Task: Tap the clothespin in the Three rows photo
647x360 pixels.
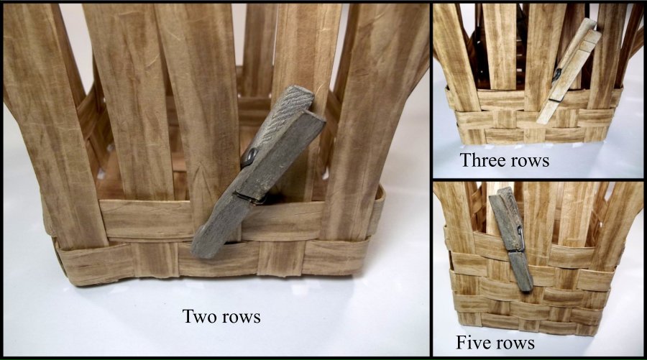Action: pyautogui.click(x=569, y=70)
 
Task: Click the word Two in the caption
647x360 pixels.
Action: pyautogui.click(x=199, y=316)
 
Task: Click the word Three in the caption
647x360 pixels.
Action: pyautogui.click(x=483, y=160)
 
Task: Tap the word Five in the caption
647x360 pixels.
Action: pyautogui.click(x=474, y=342)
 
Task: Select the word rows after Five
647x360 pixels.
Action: pyautogui.click(x=515, y=343)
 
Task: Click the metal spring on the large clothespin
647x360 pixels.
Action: pyautogui.click(x=249, y=157)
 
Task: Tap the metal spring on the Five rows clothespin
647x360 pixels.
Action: pyautogui.click(x=520, y=241)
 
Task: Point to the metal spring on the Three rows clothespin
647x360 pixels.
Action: pyautogui.click(x=556, y=75)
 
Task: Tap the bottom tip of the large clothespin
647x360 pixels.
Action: pyautogui.click(x=202, y=252)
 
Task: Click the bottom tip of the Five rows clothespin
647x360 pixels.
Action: pyautogui.click(x=526, y=288)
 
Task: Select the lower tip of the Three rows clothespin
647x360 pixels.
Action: pyautogui.click(x=541, y=121)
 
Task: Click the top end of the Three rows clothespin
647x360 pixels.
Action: pyautogui.click(x=592, y=26)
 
